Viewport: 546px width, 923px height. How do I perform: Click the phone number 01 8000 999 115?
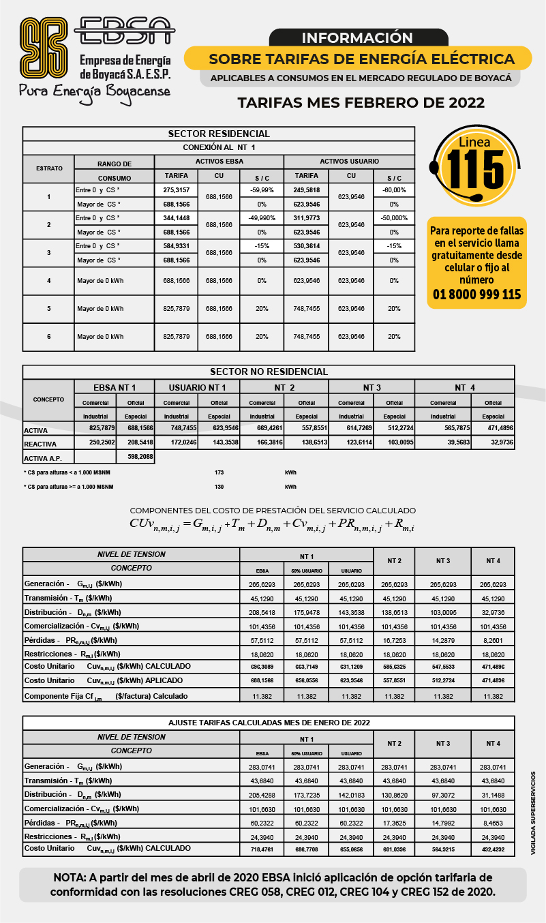476,294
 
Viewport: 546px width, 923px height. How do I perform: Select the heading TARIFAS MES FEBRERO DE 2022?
361,103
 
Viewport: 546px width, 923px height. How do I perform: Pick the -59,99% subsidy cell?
262,190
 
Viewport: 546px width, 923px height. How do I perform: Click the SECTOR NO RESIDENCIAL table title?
269,372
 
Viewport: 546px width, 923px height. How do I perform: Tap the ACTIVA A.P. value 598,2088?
140,457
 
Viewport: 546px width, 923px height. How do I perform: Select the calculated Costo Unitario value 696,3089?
262,666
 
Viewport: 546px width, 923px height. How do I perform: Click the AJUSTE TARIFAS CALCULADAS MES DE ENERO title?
269,722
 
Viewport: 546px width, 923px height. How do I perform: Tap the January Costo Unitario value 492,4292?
492,849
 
